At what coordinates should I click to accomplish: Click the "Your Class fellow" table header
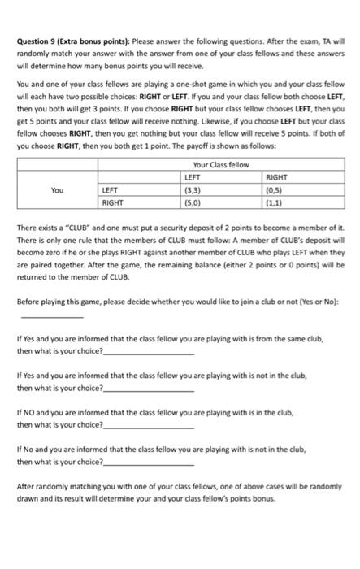pyautogui.click(x=220, y=165)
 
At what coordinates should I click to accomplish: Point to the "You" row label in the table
pyautogui.click(x=56, y=189)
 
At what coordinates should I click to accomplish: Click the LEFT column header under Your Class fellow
pyautogui.click(x=193, y=176)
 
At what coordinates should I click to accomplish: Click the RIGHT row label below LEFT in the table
pyautogui.click(x=112, y=202)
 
